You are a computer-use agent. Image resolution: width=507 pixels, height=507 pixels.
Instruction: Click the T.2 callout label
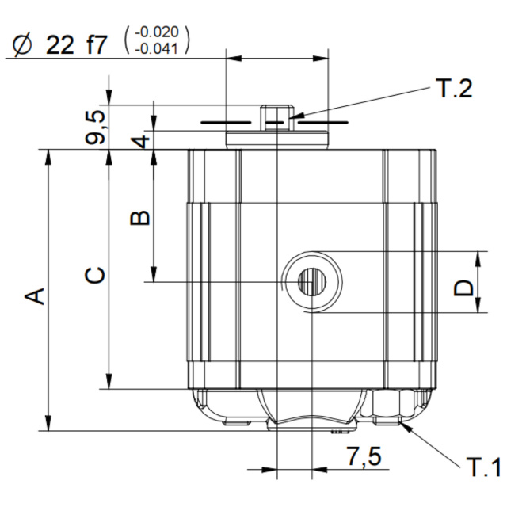456,88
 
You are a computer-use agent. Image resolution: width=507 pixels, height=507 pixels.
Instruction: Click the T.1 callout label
483,467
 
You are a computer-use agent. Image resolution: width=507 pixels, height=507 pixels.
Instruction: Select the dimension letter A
35,296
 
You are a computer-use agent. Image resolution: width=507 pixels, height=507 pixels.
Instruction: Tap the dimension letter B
139,218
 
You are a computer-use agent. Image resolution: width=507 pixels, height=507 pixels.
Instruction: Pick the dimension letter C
95,275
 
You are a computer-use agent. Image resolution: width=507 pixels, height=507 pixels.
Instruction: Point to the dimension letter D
463,288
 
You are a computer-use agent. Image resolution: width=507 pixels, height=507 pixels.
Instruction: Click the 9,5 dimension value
95,127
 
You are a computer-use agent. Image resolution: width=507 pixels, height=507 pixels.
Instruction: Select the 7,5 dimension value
364,456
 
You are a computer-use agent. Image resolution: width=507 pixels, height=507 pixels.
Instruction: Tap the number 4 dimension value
140,141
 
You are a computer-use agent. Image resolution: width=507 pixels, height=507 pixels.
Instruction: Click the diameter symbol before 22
23,44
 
